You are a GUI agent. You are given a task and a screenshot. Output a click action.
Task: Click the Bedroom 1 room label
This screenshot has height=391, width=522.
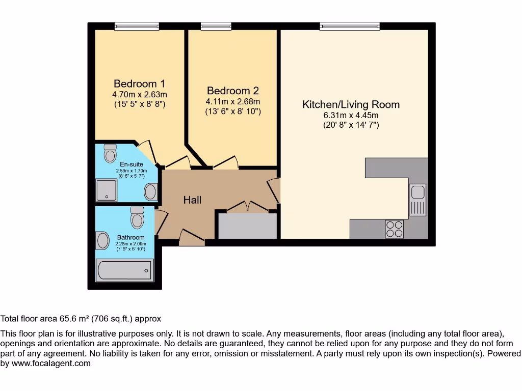(x=139, y=83)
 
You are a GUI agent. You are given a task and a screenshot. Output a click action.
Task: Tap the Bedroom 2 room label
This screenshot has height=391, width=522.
(x=232, y=91)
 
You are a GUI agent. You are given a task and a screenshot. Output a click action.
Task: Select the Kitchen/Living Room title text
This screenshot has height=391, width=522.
(x=351, y=104)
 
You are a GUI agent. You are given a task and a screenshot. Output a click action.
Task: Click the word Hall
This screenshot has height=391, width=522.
(x=192, y=200)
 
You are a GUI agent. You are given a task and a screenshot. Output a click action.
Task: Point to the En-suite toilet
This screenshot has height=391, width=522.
(x=110, y=153)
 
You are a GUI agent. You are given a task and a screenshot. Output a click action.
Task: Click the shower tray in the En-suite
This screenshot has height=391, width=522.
(x=107, y=190)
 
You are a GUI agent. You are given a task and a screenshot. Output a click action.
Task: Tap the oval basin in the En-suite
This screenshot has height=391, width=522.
(x=150, y=192)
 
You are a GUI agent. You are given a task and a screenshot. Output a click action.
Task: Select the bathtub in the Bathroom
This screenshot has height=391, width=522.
(x=124, y=270)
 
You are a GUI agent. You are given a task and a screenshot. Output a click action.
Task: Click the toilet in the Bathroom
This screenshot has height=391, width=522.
(x=137, y=217)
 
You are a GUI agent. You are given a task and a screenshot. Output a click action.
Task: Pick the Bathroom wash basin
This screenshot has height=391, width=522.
(x=102, y=241)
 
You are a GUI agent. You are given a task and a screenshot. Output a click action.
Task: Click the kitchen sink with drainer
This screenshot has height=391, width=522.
(x=417, y=200)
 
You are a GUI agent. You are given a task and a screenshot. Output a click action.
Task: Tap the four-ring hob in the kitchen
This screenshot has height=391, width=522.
(x=395, y=229)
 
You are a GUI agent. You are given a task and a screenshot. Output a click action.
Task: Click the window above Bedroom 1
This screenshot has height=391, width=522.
(x=137, y=26)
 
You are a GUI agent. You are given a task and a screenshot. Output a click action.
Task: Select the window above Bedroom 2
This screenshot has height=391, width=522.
(x=216, y=26)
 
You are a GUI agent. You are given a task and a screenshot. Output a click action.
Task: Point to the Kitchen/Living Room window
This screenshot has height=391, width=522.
(x=350, y=26)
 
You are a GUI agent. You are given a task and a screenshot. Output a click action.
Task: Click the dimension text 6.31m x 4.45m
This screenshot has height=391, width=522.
(x=351, y=116)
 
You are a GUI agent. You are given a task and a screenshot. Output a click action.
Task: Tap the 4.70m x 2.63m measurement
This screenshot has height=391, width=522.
(x=140, y=94)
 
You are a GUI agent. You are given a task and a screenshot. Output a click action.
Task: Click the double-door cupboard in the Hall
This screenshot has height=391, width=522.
(x=248, y=225)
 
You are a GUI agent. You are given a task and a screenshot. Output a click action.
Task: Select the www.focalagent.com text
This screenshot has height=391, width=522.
(x=51, y=364)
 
